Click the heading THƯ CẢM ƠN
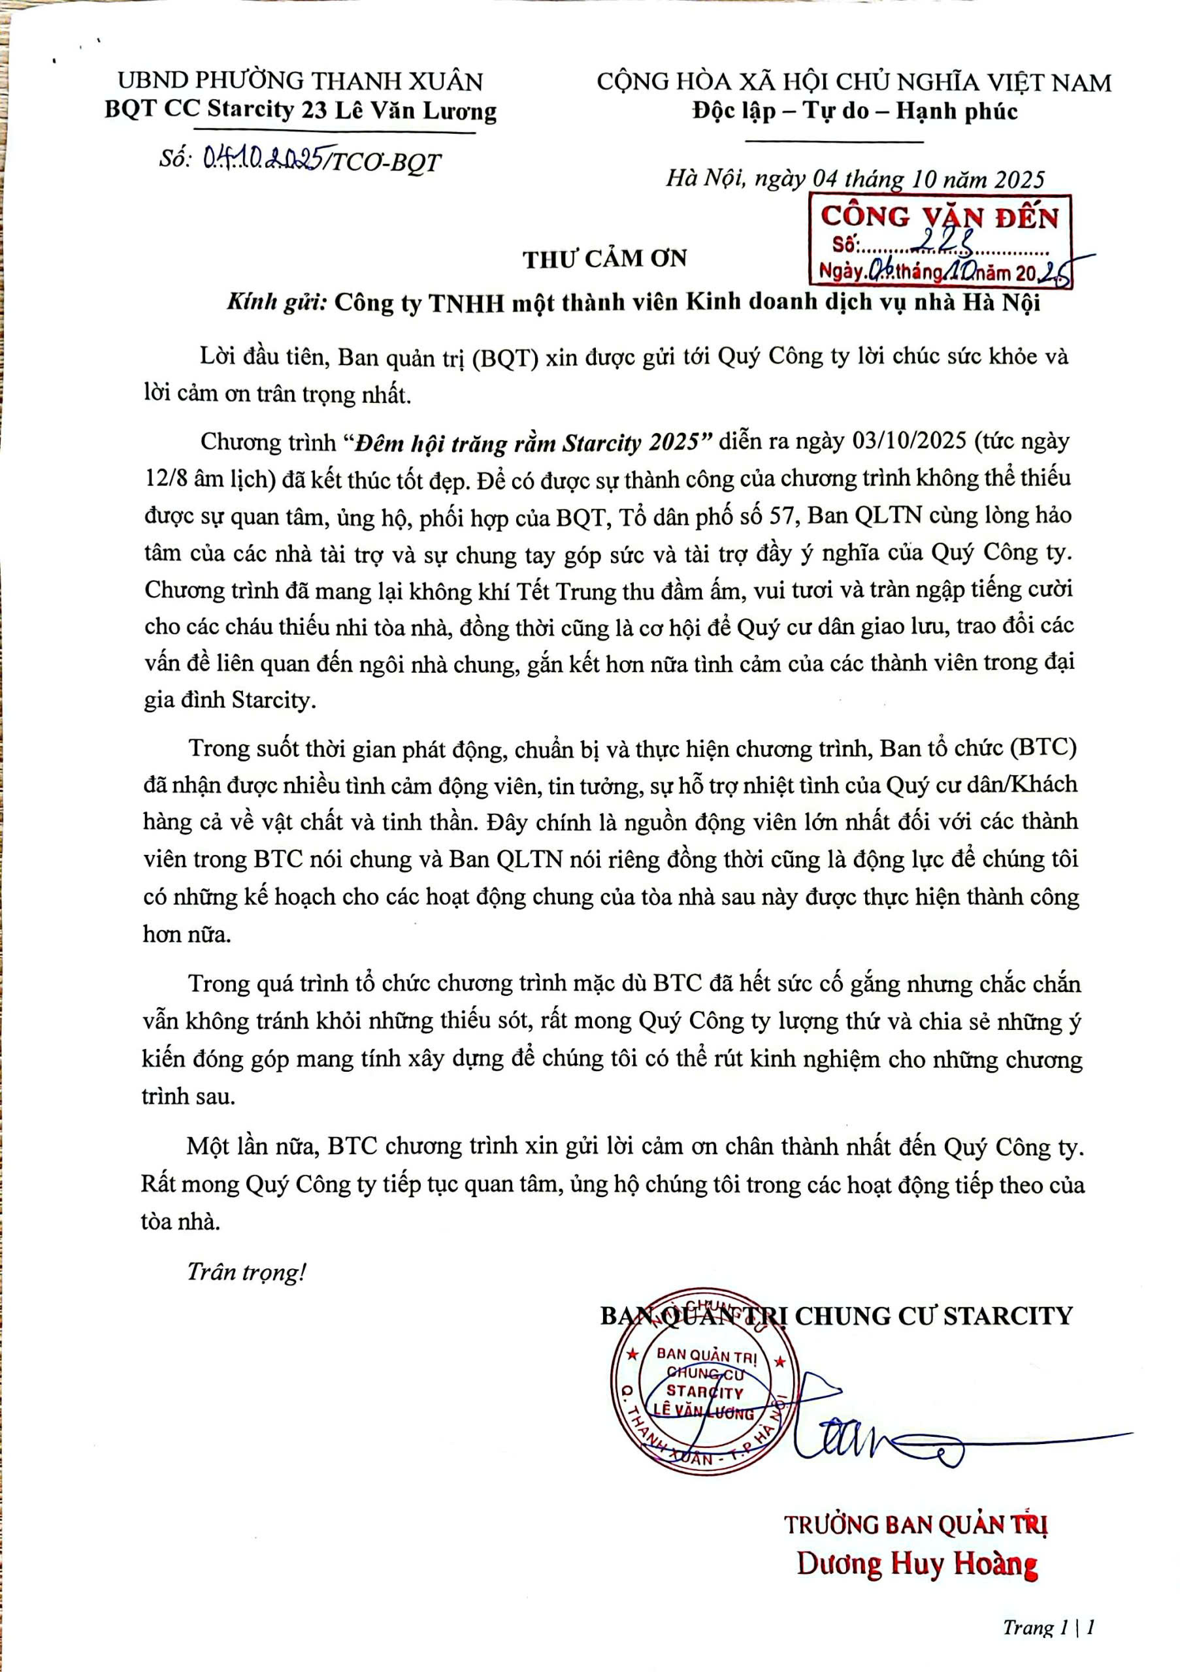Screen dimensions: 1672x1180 (604, 259)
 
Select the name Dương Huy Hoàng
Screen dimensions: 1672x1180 (916, 1564)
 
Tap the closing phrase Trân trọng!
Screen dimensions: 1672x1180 (246, 1272)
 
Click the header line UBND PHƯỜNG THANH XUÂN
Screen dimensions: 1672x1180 (300, 80)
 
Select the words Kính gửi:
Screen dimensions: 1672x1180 (277, 303)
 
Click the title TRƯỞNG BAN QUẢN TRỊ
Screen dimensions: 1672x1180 (915, 1525)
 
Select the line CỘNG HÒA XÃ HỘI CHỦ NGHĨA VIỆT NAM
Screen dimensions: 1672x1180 (855, 82)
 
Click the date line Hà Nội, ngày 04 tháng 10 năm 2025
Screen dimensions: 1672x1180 (855, 179)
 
